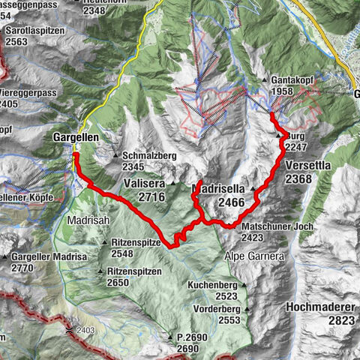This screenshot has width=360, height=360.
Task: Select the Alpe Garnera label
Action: coord(252,256)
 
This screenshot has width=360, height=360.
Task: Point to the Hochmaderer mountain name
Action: coord(319,307)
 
